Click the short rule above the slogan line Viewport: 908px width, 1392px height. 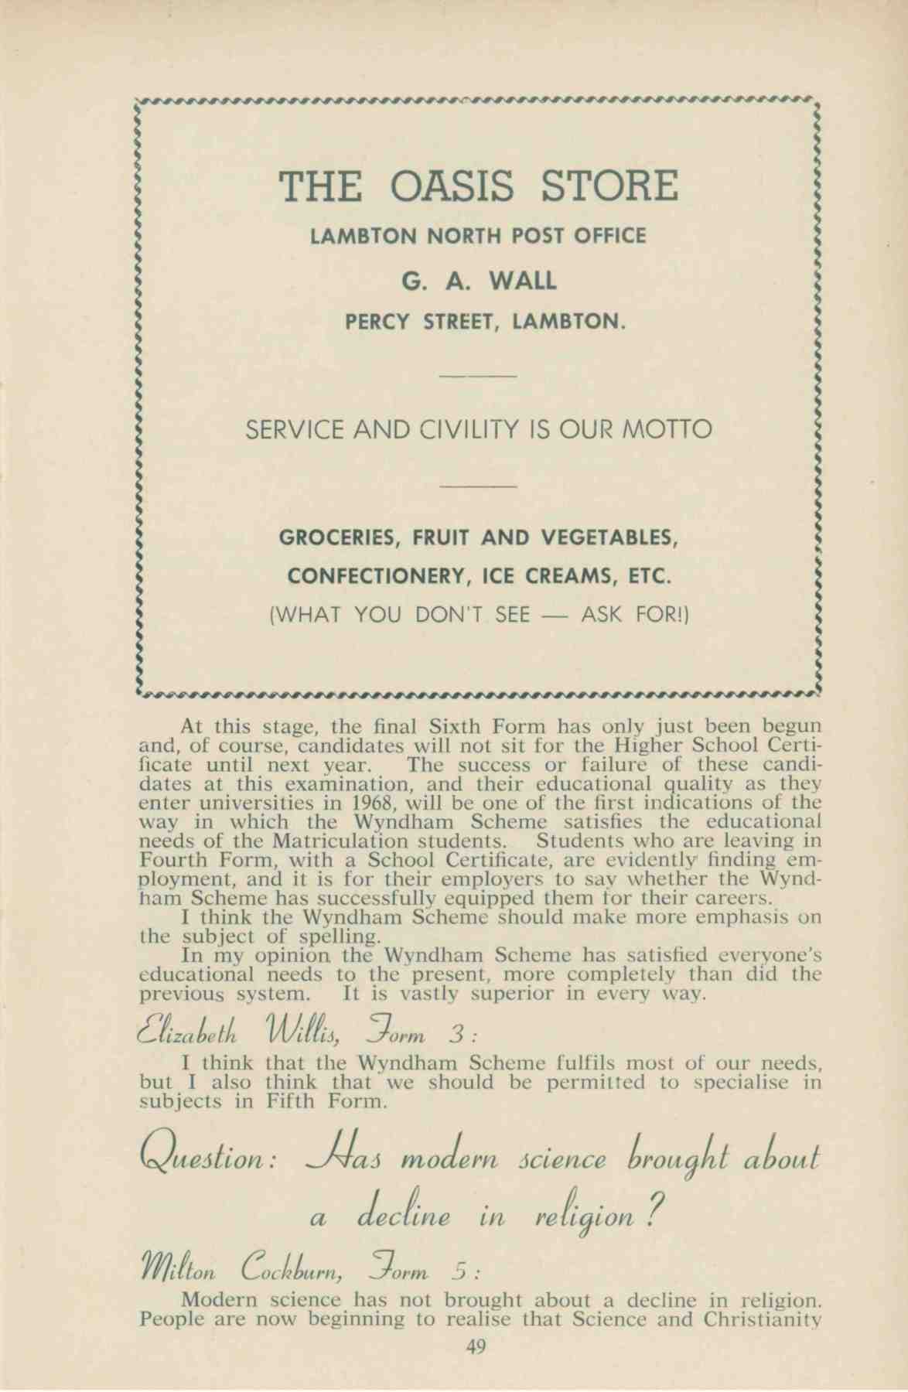(476, 376)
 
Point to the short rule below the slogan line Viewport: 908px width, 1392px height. (476, 486)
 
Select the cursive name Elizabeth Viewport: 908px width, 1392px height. (186, 1032)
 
